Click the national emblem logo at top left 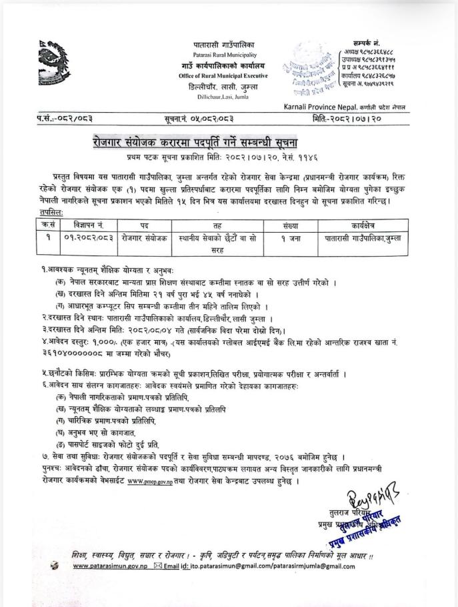(x=54, y=63)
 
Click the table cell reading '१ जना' (x=291, y=237)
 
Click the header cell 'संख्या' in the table (x=291, y=226)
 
